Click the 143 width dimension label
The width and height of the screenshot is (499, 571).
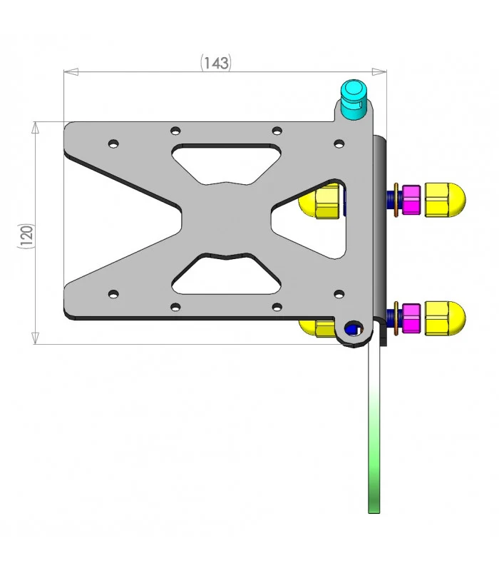click(x=216, y=63)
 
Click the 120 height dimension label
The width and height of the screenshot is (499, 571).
click(x=26, y=236)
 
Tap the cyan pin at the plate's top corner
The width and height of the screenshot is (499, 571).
click(x=352, y=99)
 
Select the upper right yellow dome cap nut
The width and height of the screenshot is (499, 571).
click(x=445, y=200)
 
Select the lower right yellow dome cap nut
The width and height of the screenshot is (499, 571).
click(x=445, y=318)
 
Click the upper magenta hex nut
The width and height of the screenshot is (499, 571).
click(x=411, y=200)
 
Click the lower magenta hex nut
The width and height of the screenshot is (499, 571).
click(x=411, y=318)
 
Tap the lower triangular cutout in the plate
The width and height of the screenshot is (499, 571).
click(x=227, y=274)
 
